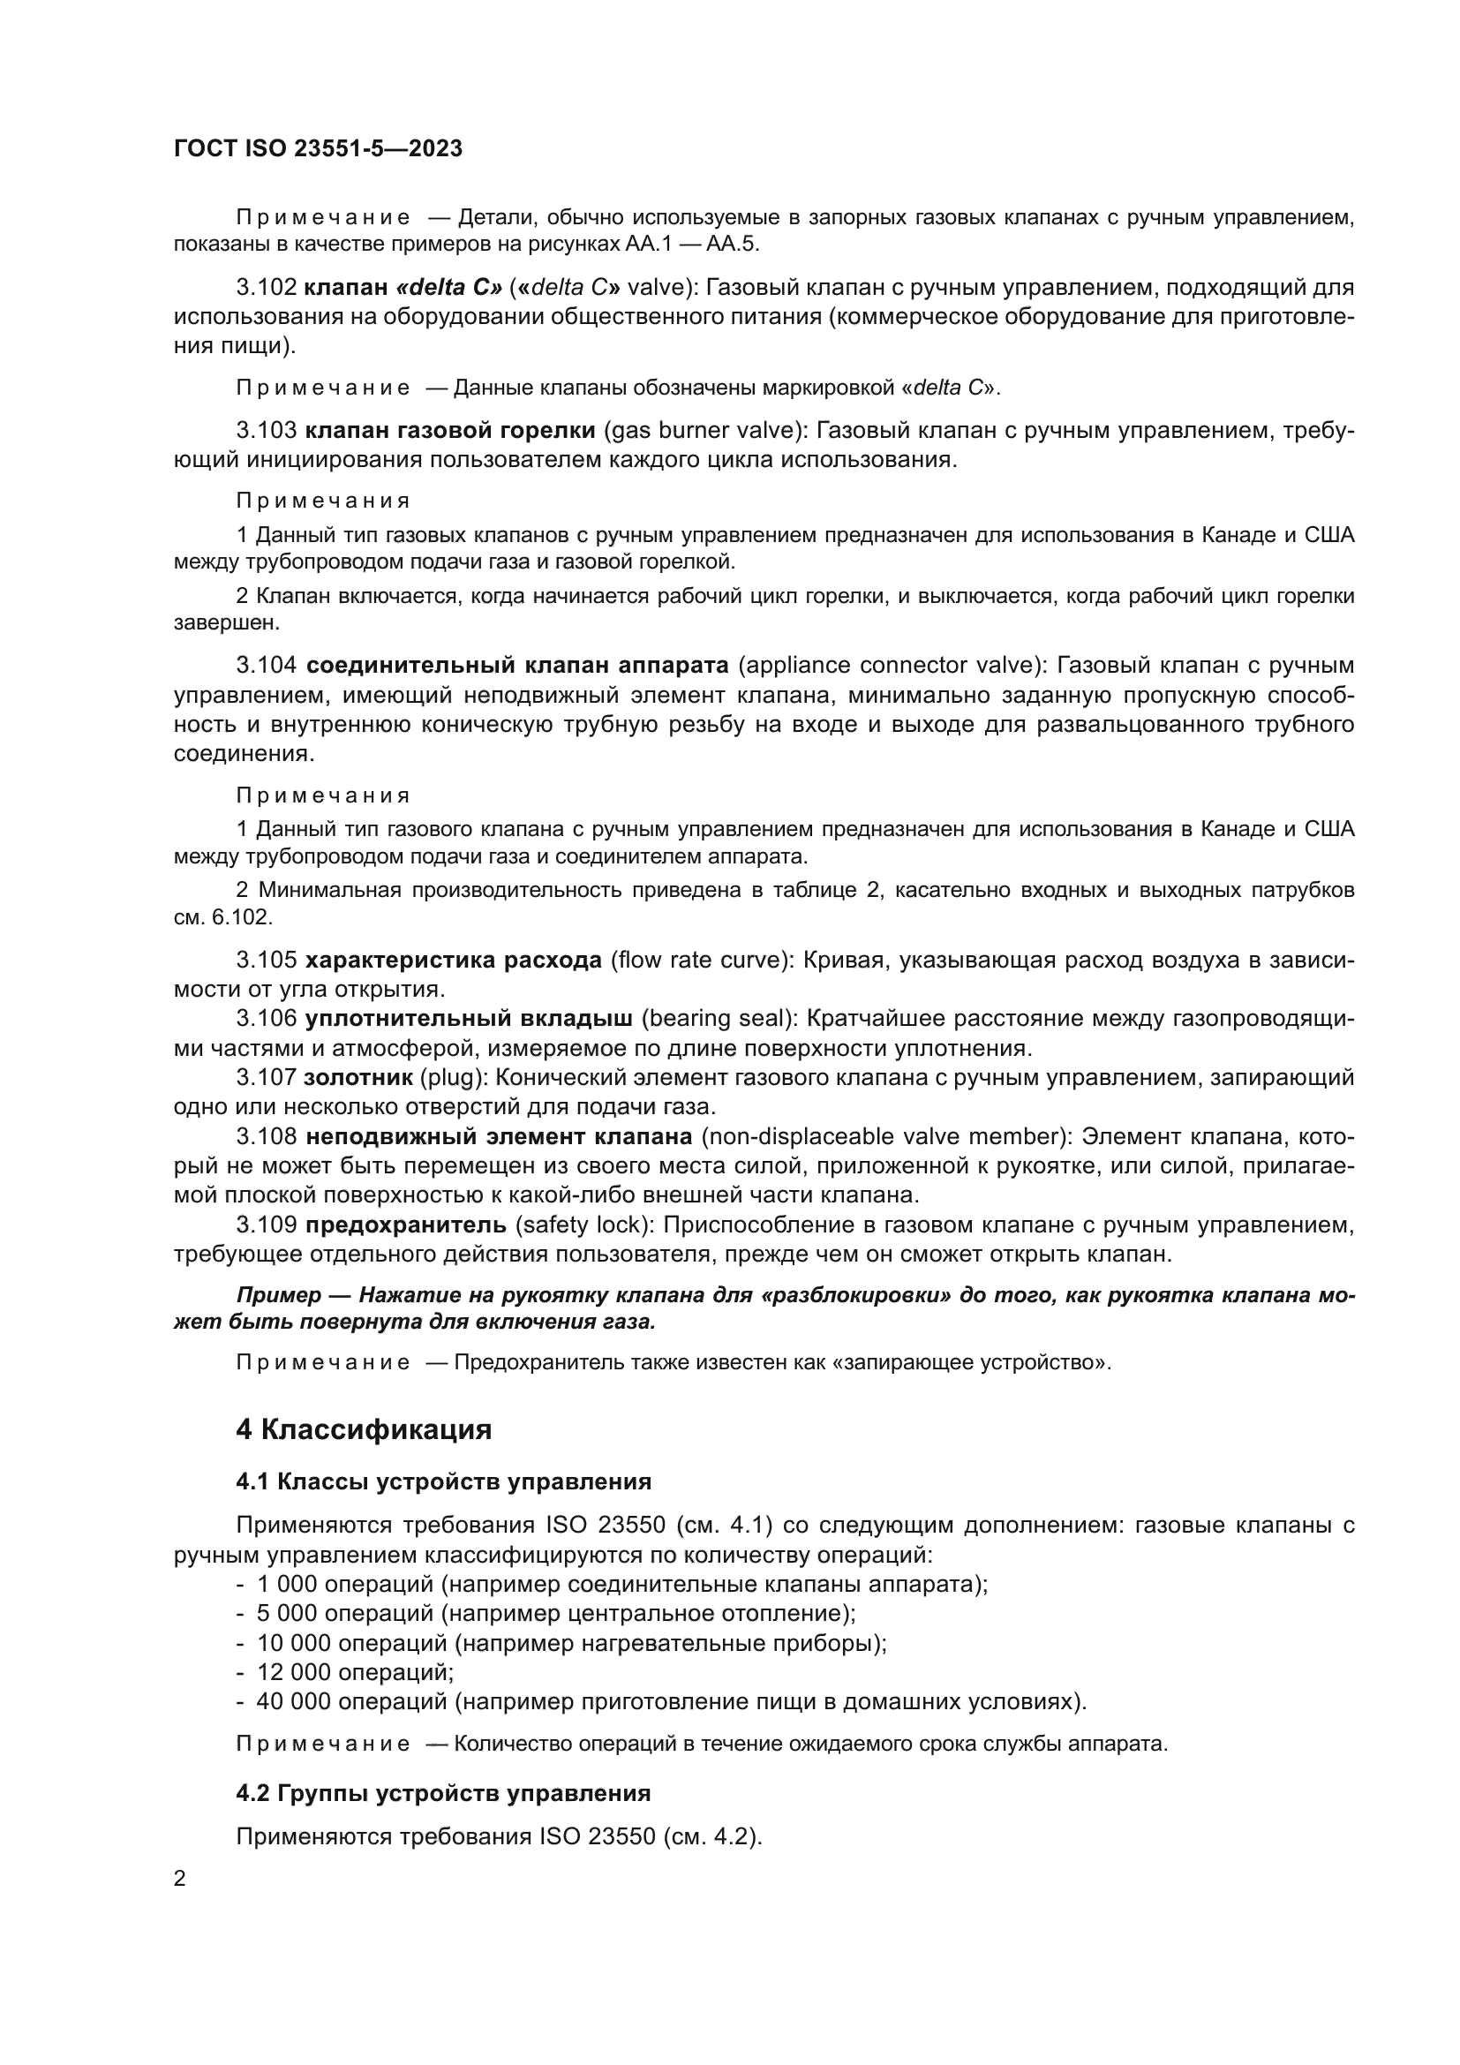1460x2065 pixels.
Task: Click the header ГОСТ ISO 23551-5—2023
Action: coord(318,148)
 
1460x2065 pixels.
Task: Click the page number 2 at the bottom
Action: coord(180,1878)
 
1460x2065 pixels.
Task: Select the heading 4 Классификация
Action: coord(363,1429)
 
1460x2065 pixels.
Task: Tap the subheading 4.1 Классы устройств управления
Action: coord(443,1481)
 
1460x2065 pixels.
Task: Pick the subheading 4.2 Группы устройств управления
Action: coord(443,1793)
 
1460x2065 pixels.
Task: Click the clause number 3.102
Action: coord(266,288)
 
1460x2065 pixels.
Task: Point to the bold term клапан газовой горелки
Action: coord(450,431)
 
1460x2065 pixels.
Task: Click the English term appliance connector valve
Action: coord(892,666)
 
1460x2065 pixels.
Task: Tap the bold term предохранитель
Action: coord(406,1225)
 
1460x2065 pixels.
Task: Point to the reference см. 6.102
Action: coord(223,918)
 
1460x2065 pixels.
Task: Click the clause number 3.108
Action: coord(266,1137)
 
